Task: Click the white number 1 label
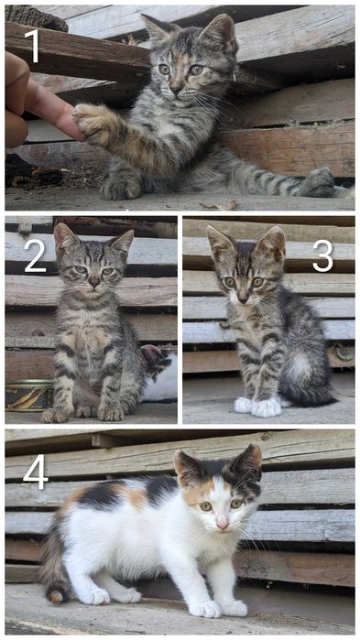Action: [32, 46]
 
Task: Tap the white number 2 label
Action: [35, 255]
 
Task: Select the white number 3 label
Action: [322, 255]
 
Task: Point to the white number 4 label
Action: [36, 473]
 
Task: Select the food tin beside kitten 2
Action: [28, 396]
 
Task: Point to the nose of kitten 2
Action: [94, 282]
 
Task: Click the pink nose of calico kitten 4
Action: [223, 526]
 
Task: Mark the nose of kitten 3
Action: [243, 300]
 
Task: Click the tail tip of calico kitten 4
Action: [56, 596]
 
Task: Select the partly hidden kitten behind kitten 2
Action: [158, 374]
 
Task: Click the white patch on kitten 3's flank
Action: [300, 366]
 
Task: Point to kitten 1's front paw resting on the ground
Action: [120, 186]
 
